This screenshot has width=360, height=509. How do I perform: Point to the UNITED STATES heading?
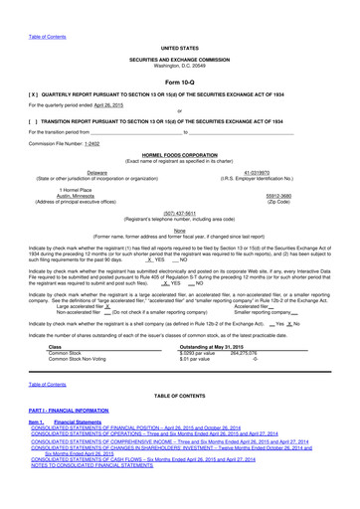coord(180,19)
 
